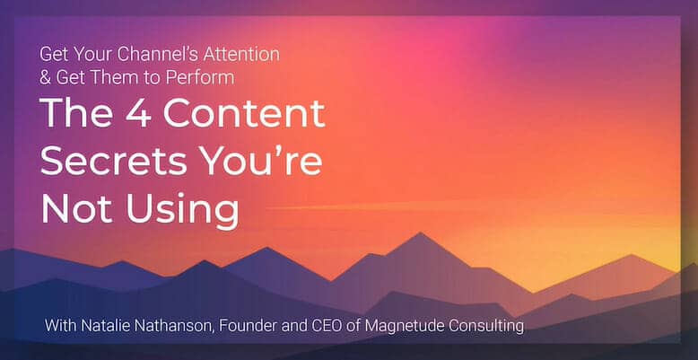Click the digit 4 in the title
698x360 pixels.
139,113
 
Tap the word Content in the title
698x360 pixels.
244,112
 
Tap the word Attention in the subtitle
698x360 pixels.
241,55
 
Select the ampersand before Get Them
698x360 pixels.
45,78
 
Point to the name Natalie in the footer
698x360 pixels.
98,326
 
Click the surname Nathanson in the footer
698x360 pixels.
165,326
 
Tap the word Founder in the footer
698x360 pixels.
236,326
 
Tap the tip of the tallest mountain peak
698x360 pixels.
419,233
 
